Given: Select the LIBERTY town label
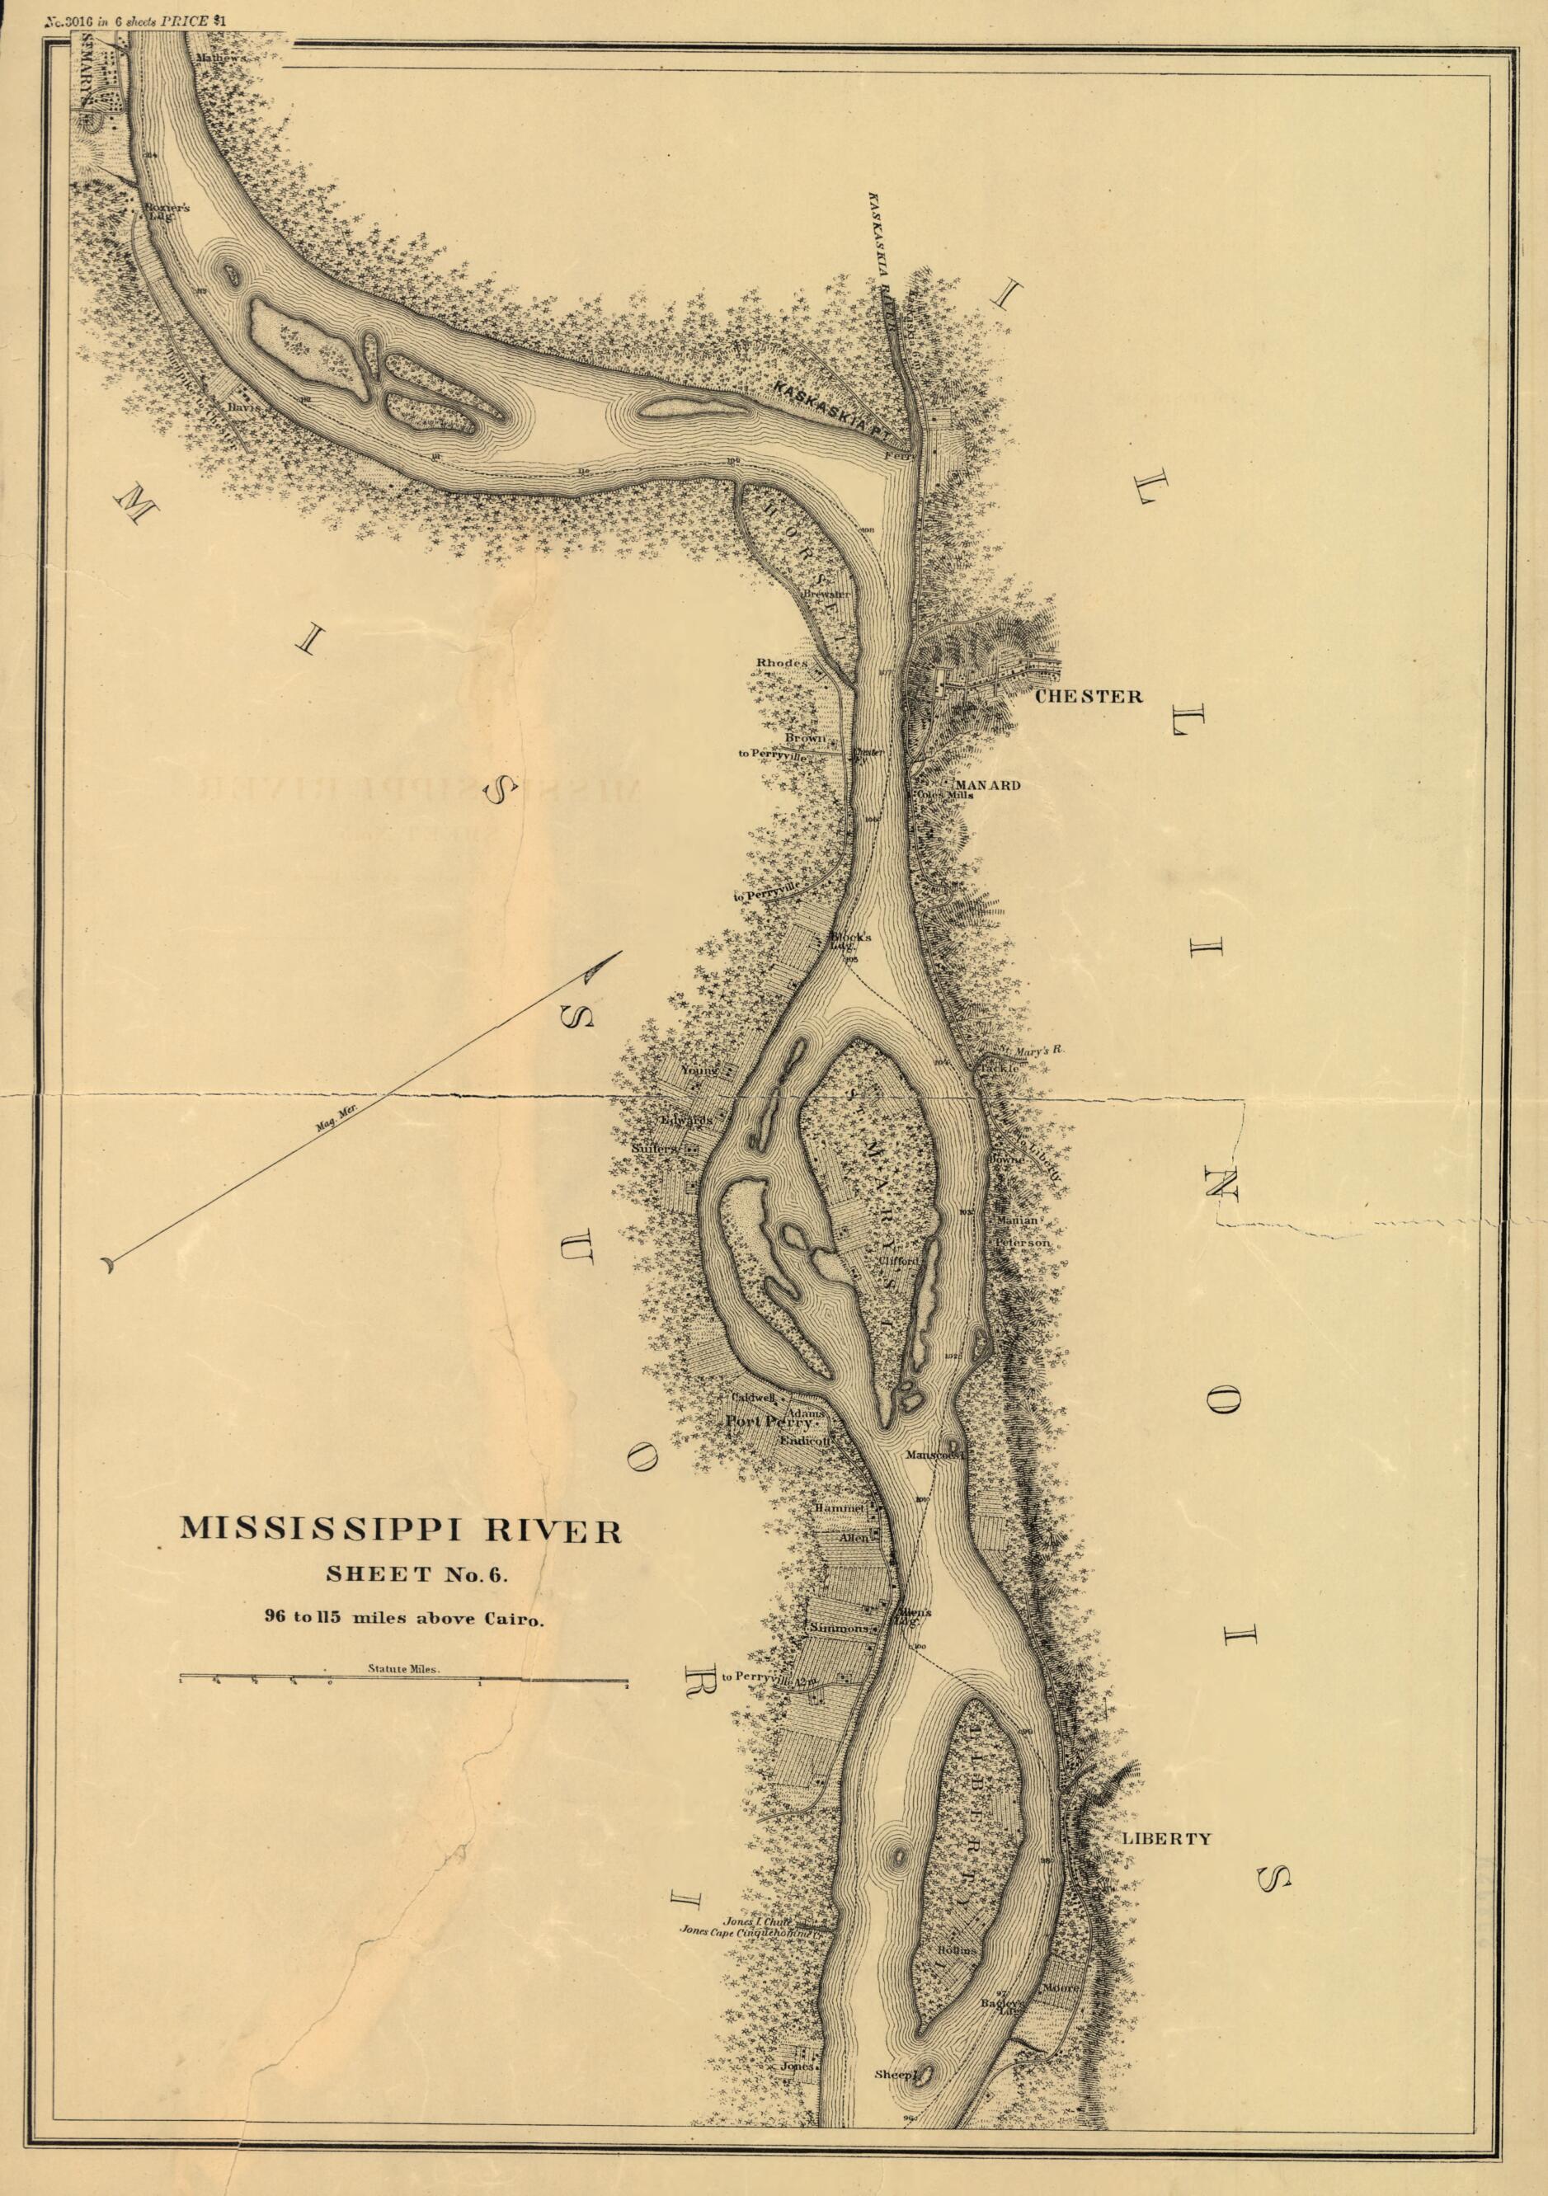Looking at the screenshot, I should pyautogui.click(x=1166, y=1838).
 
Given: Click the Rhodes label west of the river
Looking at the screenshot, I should pyautogui.click(x=782, y=663).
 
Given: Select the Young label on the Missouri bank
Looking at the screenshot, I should pyautogui.click(x=699, y=1071).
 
